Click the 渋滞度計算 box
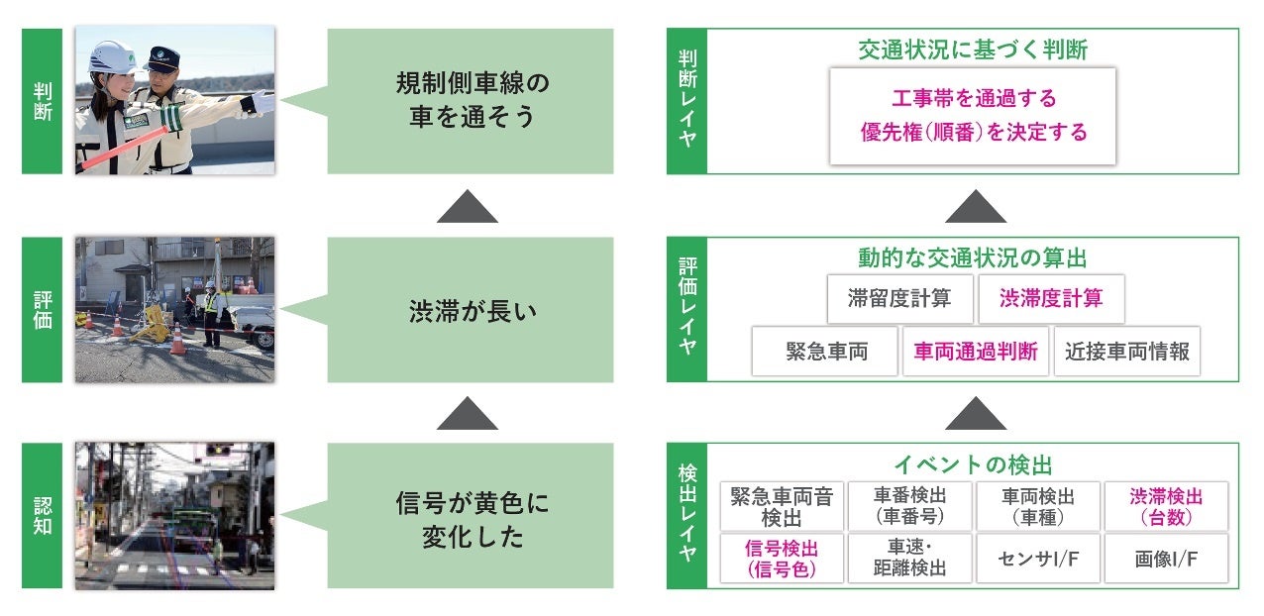pos(1051,298)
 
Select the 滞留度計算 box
pos(899,298)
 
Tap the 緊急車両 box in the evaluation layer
pos(826,352)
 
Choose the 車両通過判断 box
pos(976,352)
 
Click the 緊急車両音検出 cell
pos(782,506)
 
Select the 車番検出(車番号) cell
pos(909,506)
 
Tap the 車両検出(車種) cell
pos(1037,506)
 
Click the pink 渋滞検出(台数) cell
pos(1166,506)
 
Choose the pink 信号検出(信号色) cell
pos(782,559)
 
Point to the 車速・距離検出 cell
pos(909,559)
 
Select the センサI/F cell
pos(1037,559)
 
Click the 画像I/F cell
pos(1166,559)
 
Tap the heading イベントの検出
pos(973,464)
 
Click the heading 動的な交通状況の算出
pos(972,258)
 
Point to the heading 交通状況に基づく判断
pos(973,50)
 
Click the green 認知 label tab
pos(42,515)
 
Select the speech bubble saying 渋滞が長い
pos(471,309)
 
